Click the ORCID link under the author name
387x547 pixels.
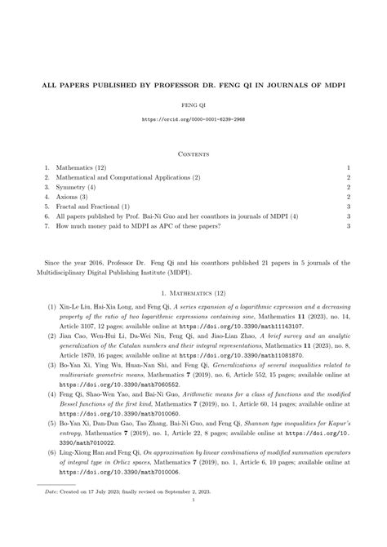193,119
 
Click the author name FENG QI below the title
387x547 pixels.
193,105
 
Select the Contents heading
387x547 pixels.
193,153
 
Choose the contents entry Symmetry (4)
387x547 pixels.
78,187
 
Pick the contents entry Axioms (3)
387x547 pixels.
75,197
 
